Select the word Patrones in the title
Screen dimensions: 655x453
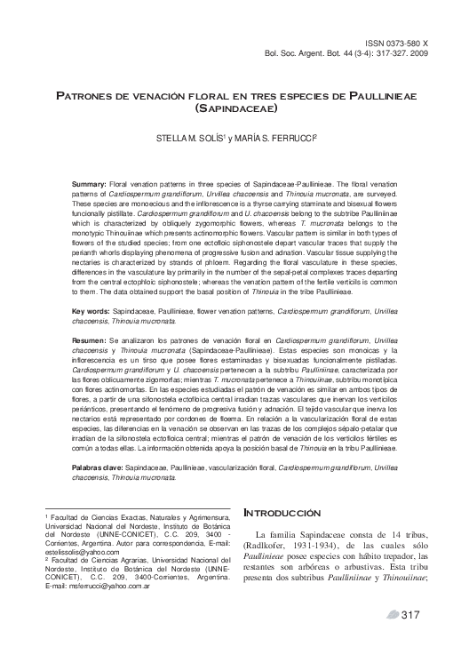(88, 94)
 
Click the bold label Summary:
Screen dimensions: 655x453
(89, 182)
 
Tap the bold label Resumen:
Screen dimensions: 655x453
(90, 340)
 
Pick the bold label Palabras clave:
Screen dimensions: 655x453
(98, 466)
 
